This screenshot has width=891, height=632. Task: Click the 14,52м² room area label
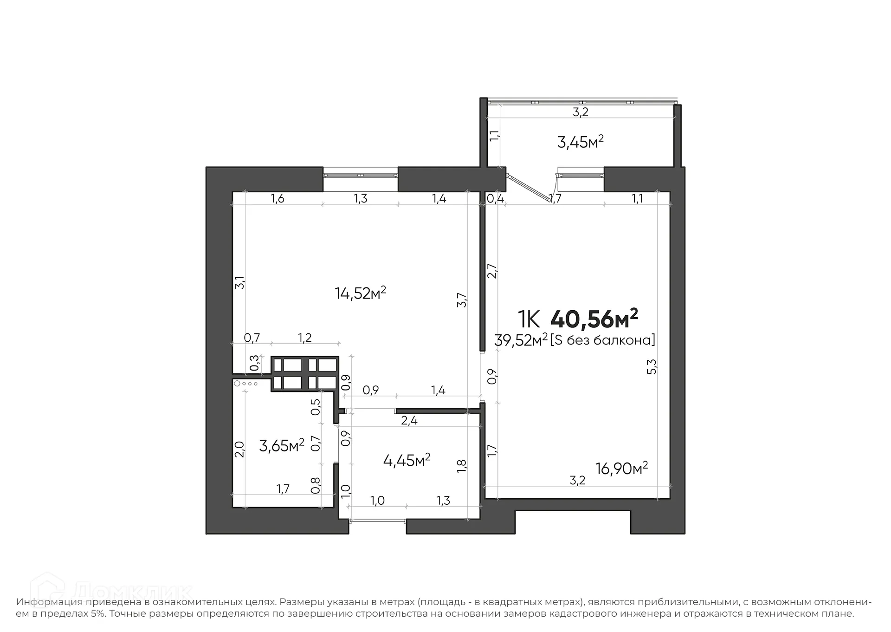[x=360, y=293]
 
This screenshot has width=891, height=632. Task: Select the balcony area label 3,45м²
[x=580, y=142]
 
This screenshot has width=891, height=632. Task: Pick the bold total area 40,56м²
[x=594, y=319]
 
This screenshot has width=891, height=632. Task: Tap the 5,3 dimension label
[x=652, y=366]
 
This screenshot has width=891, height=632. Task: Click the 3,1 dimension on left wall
[x=239, y=282]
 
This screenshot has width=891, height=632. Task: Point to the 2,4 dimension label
[x=409, y=421]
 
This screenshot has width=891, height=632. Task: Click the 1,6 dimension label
[x=278, y=199]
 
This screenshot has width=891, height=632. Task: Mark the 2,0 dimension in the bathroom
[x=239, y=449]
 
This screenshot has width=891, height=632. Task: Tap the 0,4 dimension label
[x=495, y=199]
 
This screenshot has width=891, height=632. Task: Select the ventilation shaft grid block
[x=305, y=373]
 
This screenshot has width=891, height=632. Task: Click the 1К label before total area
[x=529, y=319]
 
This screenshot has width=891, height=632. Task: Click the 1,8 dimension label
[x=462, y=466]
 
